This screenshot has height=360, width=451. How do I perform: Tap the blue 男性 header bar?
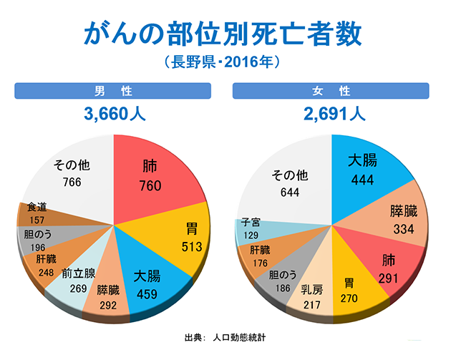112,91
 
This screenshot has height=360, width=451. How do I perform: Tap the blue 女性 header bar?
331,91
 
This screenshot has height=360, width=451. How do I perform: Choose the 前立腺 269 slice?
77,280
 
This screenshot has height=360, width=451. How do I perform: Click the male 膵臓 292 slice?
109,297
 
